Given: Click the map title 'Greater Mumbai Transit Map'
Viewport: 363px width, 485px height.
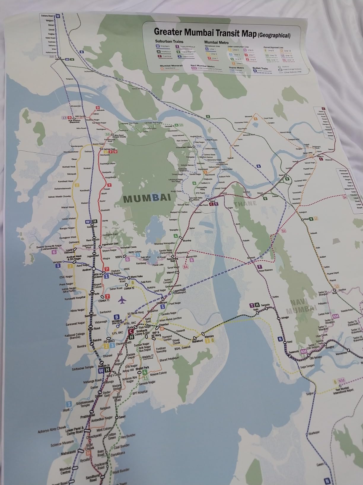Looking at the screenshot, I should [205, 32].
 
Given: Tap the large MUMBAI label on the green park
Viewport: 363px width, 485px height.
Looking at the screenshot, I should [147, 198].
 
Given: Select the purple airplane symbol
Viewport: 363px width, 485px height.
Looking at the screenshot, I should [122, 300].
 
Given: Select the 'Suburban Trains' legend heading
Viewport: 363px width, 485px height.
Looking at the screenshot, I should [169, 41].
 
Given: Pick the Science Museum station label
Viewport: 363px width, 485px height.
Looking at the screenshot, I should [60, 445].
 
